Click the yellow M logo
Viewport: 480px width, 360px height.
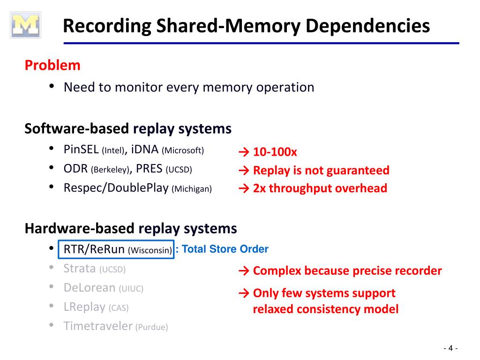pyautogui.click(x=26, y=25)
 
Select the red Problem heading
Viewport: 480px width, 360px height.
pyautogui.click(x=52, y=65)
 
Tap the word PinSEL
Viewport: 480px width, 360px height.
pyautogui.click(x=81, y=150)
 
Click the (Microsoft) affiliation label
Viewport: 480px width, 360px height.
pyautogui.click(x=183, y=150)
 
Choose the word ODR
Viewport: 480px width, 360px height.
pyautogui.click(x=76, y=169)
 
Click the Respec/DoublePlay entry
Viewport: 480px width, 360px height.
pyautogui.click(x=116, y=188)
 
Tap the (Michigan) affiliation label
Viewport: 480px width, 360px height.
pyautogui.click(x=192, y=189)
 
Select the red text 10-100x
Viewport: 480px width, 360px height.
pyautogui.click(x=275, y=152)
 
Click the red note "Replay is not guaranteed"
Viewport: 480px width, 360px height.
pyautogui.click(x=321, y=170)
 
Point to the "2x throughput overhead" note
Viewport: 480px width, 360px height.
pyautogui.click(x=320, y=188)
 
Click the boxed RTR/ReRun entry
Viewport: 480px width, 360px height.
pyautogui.click(x=116, y=249)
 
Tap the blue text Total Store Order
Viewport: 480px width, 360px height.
pyautogui.click(x=225, y=249)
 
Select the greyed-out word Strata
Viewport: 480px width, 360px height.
pyautogui.click(x=80, y=269)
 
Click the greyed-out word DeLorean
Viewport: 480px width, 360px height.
pyautogui.click(x=90, y=287)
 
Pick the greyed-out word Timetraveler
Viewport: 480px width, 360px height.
pyautogui.click(x=98, y=326)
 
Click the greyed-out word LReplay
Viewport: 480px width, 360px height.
pyautogui.click(x=84, y=307)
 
